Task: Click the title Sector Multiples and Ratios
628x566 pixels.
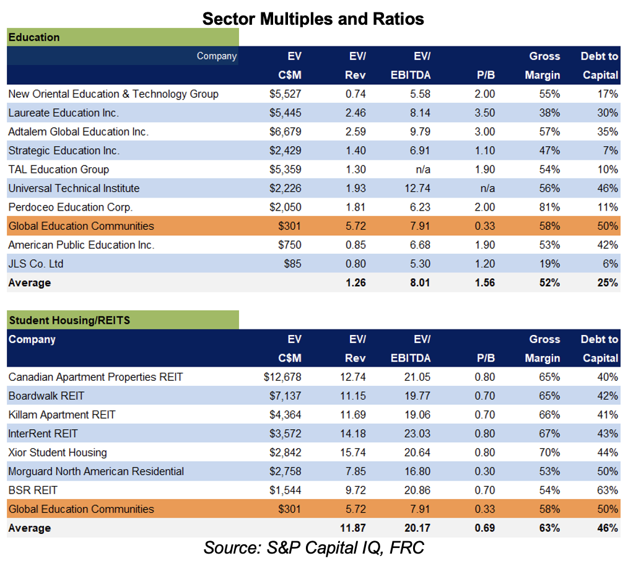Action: (313, 19)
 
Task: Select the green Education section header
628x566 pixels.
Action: (123, 37)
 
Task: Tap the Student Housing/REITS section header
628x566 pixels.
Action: (123, 320)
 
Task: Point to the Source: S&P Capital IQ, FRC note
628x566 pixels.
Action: (313, 547)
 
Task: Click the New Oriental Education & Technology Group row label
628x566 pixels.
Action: (113, 94)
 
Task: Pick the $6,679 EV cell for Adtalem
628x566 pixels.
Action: (285, 132)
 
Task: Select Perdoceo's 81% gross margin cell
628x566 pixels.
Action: (549, 207)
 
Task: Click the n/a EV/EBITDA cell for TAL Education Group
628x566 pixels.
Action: (423, 170)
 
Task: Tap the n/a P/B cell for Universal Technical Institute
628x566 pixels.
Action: (487, 188)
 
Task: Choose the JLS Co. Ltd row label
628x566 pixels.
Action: (36, 264)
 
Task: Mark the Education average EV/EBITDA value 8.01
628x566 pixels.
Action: (420, 283)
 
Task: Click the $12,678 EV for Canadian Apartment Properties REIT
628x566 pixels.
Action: (282, 377)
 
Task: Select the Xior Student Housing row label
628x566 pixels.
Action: (58, 453)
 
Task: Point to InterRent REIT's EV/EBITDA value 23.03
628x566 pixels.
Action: (417, 434)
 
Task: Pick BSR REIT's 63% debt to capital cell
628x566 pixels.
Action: (608, 490)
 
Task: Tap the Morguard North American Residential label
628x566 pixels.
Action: (96, 471)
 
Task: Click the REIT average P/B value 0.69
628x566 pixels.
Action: (484, 528)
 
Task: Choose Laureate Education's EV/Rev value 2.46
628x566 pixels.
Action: (355, 113)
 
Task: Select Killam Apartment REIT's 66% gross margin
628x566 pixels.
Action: (549, 415)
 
